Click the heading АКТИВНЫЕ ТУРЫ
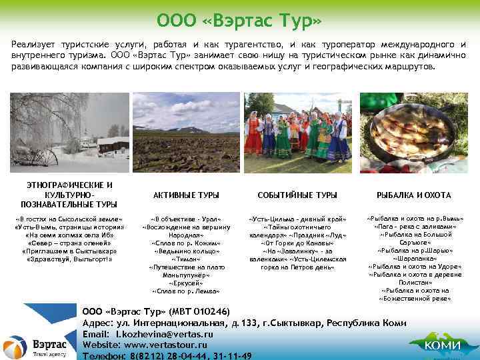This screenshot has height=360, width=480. point(186,195)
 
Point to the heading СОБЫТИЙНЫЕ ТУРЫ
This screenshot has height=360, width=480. point(297,195)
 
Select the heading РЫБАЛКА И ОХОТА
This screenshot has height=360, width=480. point(413,195)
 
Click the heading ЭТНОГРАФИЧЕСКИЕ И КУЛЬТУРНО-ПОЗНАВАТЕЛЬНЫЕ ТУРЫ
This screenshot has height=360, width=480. point(69,194)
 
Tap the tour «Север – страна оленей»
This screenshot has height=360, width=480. point(69,243)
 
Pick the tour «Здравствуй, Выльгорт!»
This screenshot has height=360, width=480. point(69,259)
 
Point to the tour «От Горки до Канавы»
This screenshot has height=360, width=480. point(297,243)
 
